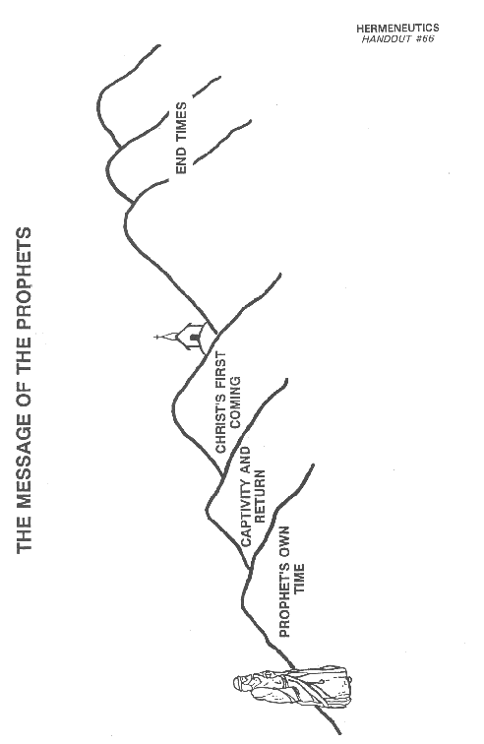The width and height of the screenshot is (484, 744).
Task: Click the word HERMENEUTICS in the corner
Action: pyautogui.click(x=397, y=29)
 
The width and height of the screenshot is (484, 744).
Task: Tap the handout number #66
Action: pyautogui.click(x=424, y=39)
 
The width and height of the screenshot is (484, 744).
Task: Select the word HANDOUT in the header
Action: pyautogui.click(x=386, y=39)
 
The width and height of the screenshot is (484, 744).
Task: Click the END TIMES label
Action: pyautogui.click(x=181, y=138)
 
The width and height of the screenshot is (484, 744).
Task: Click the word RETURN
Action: pyautogui.click(x=260, y=496)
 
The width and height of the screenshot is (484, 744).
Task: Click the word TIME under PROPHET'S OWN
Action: pyautogui.click(x=298, y=579)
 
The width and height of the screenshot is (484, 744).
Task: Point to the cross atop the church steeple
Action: pyautogui.click(x=157, y=338)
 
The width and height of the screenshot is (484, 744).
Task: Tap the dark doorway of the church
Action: pyautogui.click(x=193, y=338)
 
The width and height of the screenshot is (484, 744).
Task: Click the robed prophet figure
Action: pyautogui.click(x=291, y=687)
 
